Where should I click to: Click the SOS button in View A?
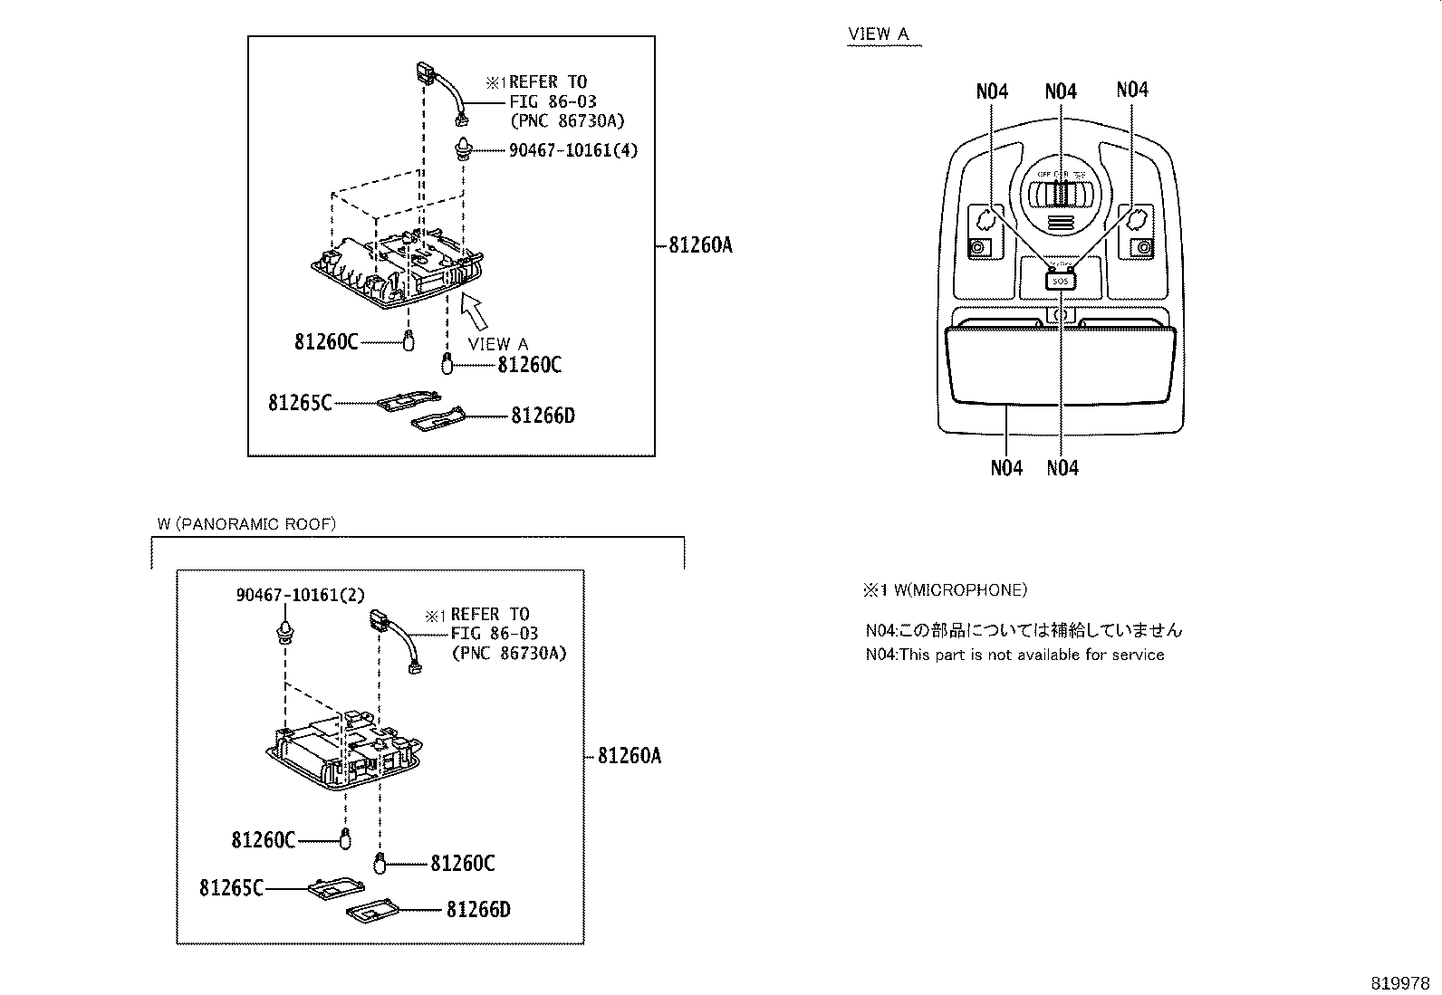[1061, 282]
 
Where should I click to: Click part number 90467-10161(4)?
[572, 150]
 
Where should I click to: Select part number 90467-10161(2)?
[300, 595]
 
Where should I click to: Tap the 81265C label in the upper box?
[300, 402]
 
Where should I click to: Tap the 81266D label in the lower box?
[478, 909]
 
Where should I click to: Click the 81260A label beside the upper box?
[700, 244]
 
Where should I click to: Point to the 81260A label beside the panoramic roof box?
[630, 755]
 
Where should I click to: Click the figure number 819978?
[1399, 983]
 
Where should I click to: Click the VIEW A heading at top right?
[878, 34]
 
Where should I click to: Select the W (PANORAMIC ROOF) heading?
[245, 524]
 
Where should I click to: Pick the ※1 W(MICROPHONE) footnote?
[945, 590]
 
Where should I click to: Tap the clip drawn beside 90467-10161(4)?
[464, 148]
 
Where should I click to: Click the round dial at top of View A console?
[1061, 195]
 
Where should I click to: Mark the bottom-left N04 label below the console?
[1005, 468]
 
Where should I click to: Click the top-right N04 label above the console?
[1131, 90]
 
